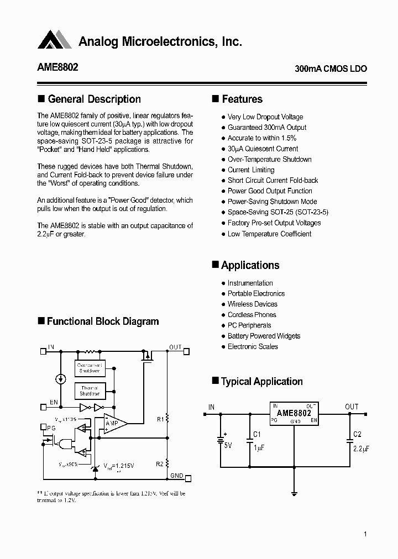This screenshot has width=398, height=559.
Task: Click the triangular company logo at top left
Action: point(54,40)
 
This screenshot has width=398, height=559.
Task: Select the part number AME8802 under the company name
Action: point(57,67)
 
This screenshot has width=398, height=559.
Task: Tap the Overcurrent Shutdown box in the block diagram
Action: point(90,368)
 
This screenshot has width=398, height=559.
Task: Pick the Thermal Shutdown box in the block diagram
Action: point(90,391)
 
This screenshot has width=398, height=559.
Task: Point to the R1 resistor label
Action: point(160,419)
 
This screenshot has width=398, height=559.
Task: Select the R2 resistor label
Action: point(160,464)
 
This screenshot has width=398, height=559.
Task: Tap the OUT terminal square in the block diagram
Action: point(186,351)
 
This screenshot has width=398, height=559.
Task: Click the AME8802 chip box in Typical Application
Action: point(294,413)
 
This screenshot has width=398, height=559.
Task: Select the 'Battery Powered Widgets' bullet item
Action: point(264,336)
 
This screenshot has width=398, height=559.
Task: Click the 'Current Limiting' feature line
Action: point(250,170)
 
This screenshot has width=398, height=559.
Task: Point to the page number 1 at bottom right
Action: point(365,534)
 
